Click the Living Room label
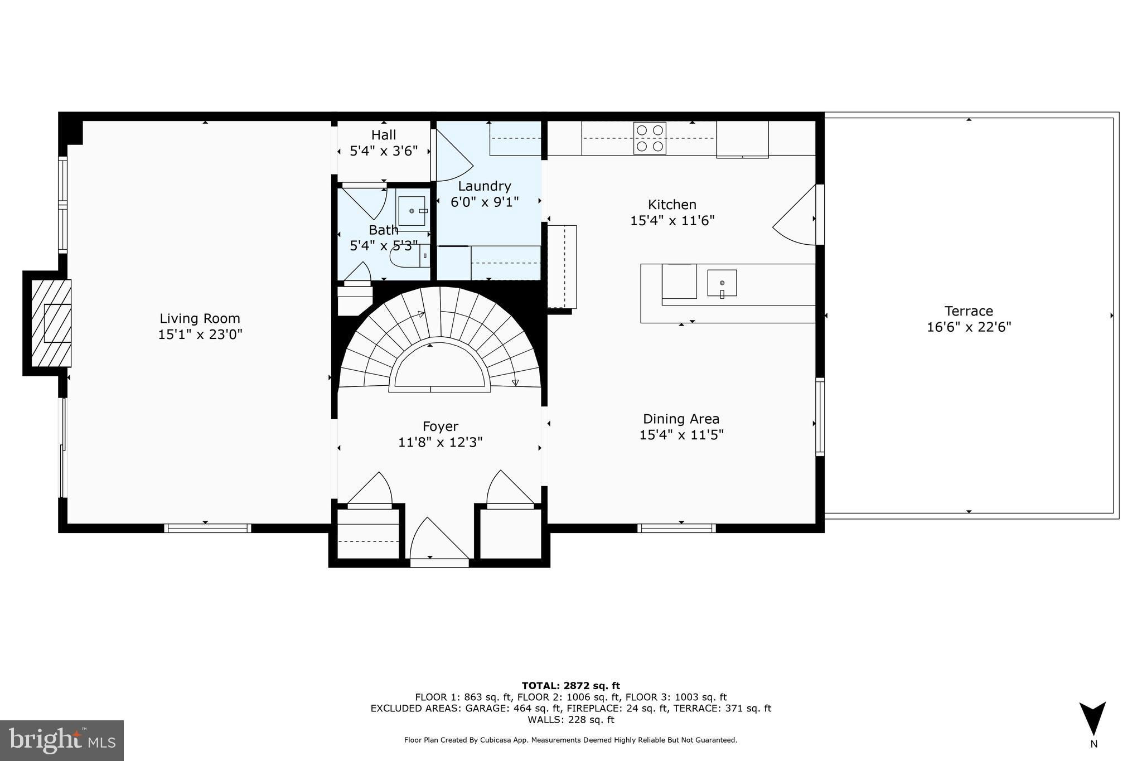point(200,318)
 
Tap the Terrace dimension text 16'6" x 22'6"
point(969,327)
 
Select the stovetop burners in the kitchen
point(650,138)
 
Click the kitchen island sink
point(722,283)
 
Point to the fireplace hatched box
point(51,323)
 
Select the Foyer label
point(441,426)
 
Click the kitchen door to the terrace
point(795,215)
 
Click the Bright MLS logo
point(62,740)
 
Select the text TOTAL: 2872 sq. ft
point(570,686)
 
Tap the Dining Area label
point(681,419)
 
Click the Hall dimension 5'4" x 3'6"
point(384,151)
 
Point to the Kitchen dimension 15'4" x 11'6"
point(672,221)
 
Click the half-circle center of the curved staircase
point(440,366)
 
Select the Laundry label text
point(485,186)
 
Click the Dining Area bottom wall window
point(676,528)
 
